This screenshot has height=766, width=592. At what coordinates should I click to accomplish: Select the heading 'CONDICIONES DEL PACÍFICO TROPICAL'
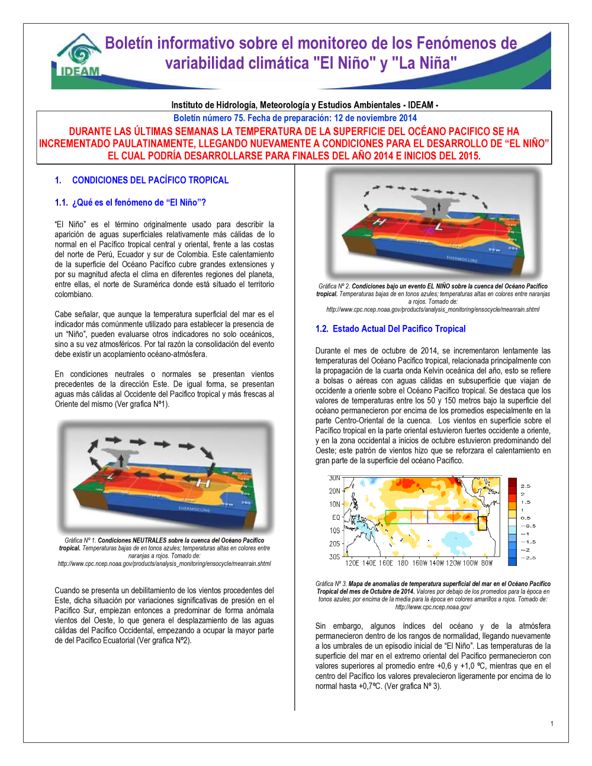(150, 180)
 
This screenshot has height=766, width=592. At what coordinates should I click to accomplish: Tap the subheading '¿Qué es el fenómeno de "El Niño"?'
(139, 202)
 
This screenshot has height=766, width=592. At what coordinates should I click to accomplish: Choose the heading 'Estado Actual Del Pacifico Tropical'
(399, 329)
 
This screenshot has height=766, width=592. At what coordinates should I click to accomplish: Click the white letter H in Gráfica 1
(203, 484)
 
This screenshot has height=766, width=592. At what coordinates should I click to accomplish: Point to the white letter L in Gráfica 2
(439, 227)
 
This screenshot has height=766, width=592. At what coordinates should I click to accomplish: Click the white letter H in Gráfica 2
(379, 222)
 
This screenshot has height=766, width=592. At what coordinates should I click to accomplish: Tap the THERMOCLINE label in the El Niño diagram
(462, 259)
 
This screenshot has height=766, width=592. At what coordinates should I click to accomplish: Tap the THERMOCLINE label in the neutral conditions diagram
(194, 509)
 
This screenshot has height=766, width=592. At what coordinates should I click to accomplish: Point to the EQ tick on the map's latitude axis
(336, 517)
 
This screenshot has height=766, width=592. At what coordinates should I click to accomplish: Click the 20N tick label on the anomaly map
(334, 491)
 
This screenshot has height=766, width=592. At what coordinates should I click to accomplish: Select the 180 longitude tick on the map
(403, 563)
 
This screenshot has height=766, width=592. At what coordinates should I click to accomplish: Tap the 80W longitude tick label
(487, 563)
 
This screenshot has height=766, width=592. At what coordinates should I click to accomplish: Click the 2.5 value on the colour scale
(526, 486)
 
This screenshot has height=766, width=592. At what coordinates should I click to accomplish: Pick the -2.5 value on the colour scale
(528, 558)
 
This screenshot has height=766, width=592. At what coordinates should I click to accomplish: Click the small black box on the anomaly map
(482, 523)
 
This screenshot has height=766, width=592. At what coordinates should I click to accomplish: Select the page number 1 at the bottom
(552, 723)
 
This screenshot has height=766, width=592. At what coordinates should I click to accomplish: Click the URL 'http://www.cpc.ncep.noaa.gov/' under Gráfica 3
(433, 607)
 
